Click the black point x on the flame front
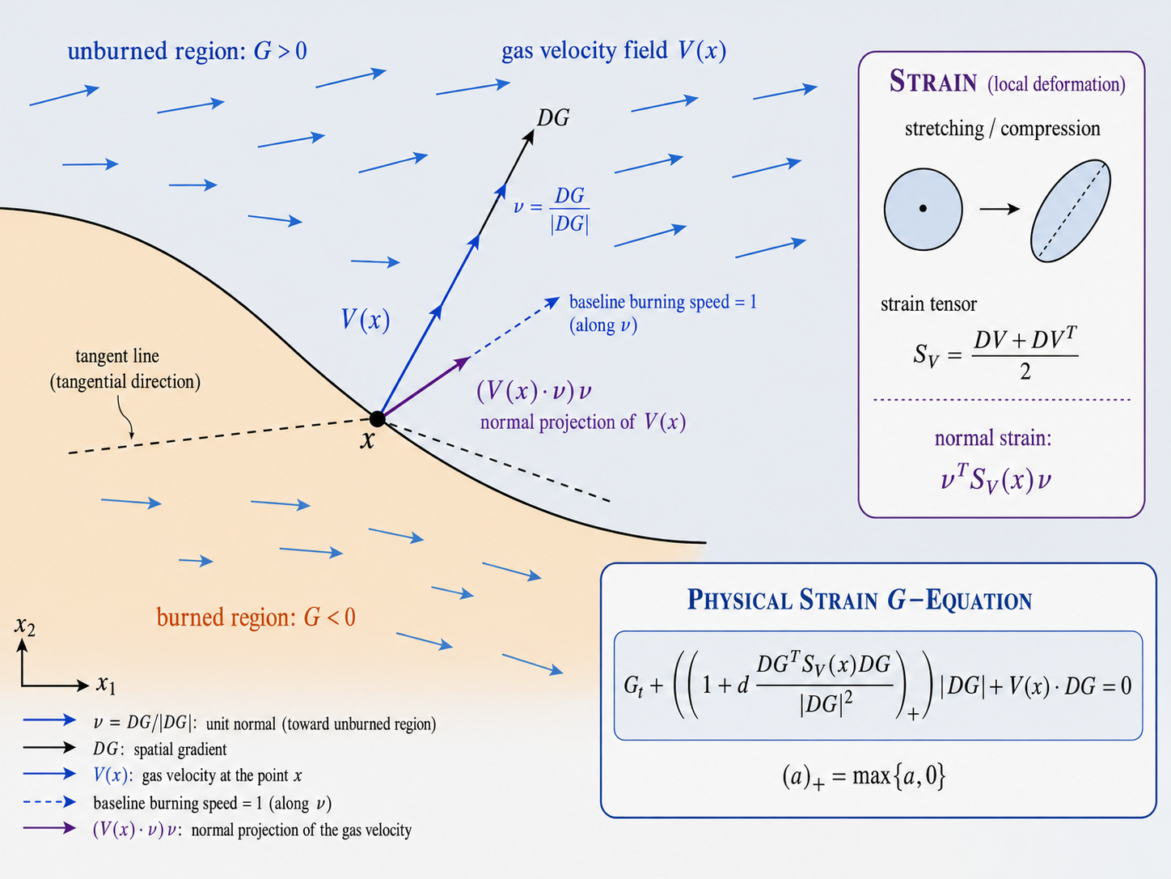[377, 419]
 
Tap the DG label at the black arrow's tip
[553, 118]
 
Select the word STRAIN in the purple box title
[933, 82]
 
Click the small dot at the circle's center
[923, 209]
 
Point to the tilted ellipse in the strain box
[1070, 210]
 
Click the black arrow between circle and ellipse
[1000, 209]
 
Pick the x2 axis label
[25, 626]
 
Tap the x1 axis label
[106, 685]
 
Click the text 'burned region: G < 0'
[256, 618]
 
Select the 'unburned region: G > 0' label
[188, 51]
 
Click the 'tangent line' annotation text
[116, 356]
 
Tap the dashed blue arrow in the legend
[49, 801]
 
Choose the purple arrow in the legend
[49, 828]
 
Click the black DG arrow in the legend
[49, 748]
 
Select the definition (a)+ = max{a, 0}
[864, 776]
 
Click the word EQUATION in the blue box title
[979, 601]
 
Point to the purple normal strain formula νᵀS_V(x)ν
[996, 478]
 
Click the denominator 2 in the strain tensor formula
[1025, 372]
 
